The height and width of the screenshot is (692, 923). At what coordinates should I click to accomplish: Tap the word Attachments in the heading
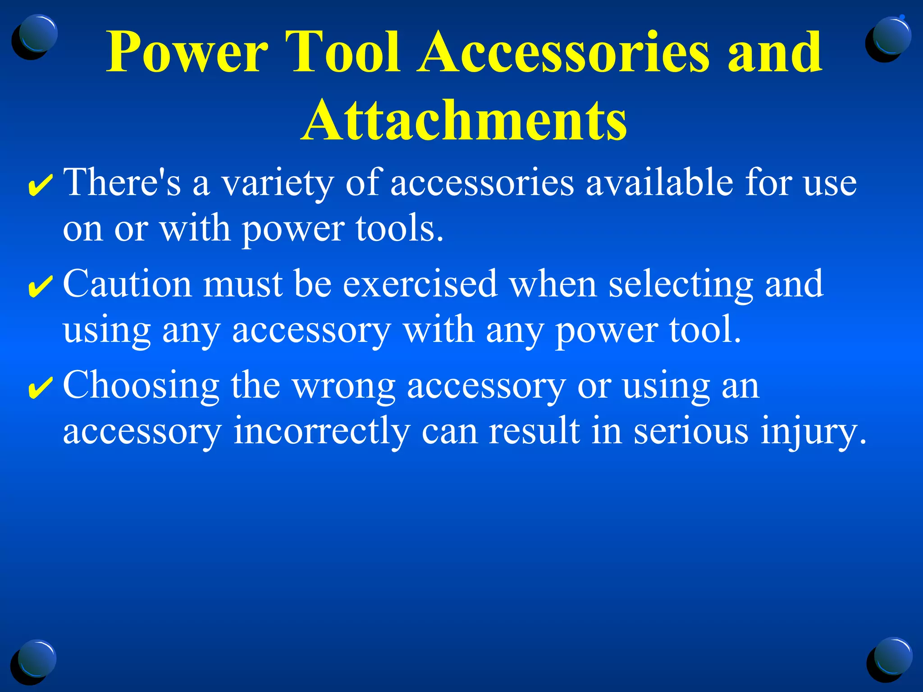(x=464, y=121)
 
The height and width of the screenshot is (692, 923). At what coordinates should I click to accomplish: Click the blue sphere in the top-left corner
(x=38, y=34)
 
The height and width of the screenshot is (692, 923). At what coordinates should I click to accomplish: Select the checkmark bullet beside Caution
(x=40, y=287)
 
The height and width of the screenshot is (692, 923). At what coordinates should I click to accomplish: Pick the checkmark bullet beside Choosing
(x=40, y=387)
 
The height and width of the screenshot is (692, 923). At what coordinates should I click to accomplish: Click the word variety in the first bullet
(x=277, y=184)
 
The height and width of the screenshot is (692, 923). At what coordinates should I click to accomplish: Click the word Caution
(x=128, y=284)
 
